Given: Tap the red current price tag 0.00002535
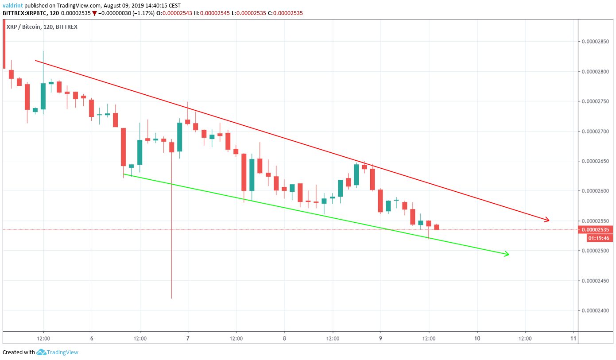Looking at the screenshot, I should (x=596, y=230).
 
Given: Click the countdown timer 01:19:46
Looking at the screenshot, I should (x=597, y=238).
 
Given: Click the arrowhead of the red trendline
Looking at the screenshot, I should (x=547, y=220).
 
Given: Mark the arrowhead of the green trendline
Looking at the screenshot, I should (x=507, y=254).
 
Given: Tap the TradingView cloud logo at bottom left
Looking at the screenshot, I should (x=42, y=352).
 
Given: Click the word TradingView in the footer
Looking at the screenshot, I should (x=63, y=352).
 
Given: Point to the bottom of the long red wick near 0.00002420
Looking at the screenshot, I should (x=171, y=298).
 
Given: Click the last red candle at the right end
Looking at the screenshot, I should (x=437, y=227).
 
